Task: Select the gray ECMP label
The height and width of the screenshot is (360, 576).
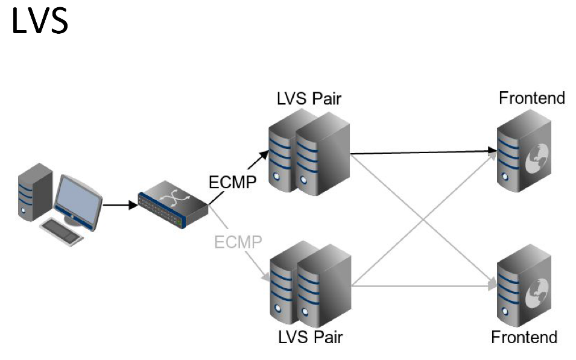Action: click(x=238, y=242)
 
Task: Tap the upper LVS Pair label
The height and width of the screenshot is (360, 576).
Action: click(x=309, y=98)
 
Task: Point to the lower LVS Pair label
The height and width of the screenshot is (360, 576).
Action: click(x=310, y=336)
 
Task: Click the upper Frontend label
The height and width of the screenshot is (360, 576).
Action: click(x=531, y=98)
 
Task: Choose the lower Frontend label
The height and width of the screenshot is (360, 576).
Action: click(x=524, y=336)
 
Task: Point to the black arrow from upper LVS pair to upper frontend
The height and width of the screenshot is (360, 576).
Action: click(x=422, y=153)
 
